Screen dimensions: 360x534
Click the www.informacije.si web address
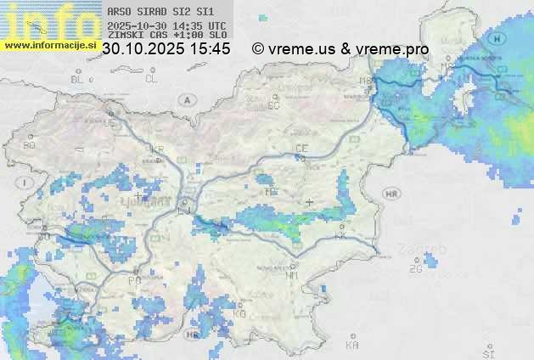tap(50, 45)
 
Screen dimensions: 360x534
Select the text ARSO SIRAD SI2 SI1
tap(160, 11)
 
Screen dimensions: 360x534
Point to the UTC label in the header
tap(216, 26)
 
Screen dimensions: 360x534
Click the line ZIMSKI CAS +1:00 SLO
tap(167, 36)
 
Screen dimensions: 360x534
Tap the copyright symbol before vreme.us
tap(258, 49)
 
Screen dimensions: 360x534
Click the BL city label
tap(79, 79)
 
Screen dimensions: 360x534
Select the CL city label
tap(151, 79)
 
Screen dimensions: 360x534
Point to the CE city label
tap(301, 149)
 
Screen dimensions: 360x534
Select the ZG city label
tap(415, 269)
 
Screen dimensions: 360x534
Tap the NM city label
tap(292, 275)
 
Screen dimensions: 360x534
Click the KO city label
tap(239, 313)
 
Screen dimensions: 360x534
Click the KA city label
tap(352, 345)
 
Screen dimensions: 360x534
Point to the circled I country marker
tap(27, 183)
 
